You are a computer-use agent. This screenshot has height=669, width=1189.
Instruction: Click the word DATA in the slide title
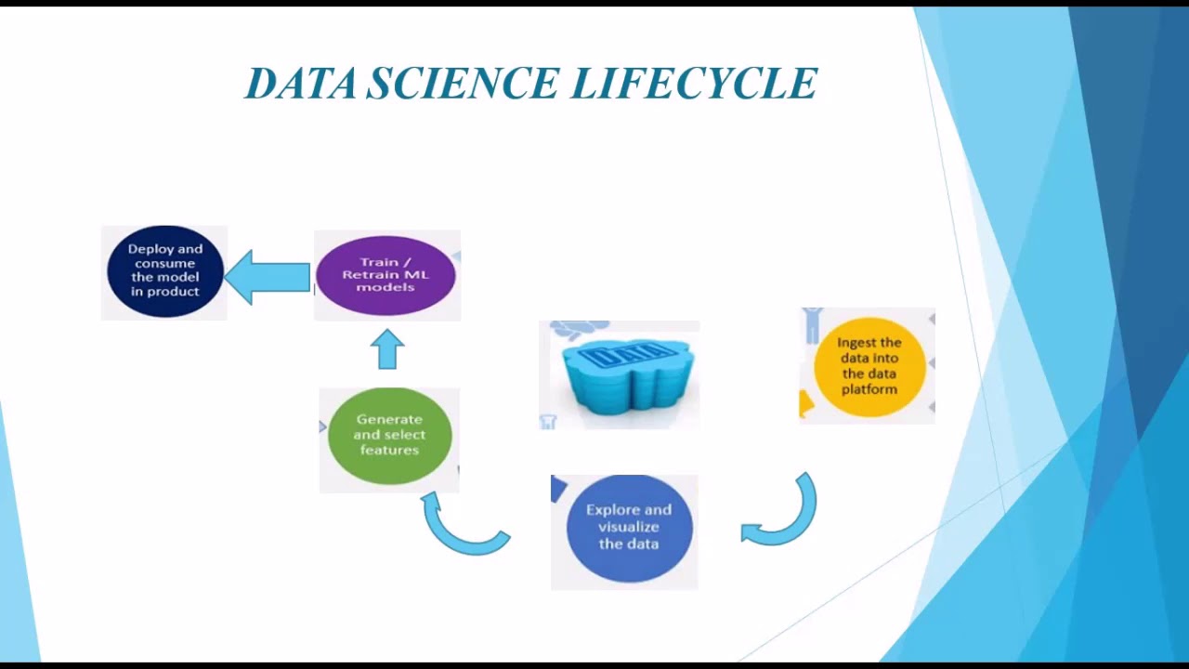pyautogui.click(x=301, y=84)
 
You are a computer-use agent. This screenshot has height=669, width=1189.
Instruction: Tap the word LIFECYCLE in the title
pyautogui.click(x=694, y=84)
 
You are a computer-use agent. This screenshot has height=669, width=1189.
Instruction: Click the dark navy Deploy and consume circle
pyautogui.click(x=164, y=271)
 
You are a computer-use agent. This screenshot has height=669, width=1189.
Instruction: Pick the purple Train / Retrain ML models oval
pyautogui.click(x=385, y=275)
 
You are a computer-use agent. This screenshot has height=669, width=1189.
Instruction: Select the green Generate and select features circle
pyautogui.click(x=389, y=435)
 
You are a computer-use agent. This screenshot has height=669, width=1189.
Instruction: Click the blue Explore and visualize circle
pyautogui.click(x=629, y=528)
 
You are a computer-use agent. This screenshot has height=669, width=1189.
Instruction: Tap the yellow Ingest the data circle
pyautogui.click(x=869, y=365)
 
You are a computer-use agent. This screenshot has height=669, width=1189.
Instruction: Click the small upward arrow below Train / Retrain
pyautogui.click(x=387, y=350)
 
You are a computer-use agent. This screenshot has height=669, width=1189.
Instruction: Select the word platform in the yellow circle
pyautogui.click(x=869, y=389)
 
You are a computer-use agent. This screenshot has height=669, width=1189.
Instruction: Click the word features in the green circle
pyautogui.click(x=389, y=450)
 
